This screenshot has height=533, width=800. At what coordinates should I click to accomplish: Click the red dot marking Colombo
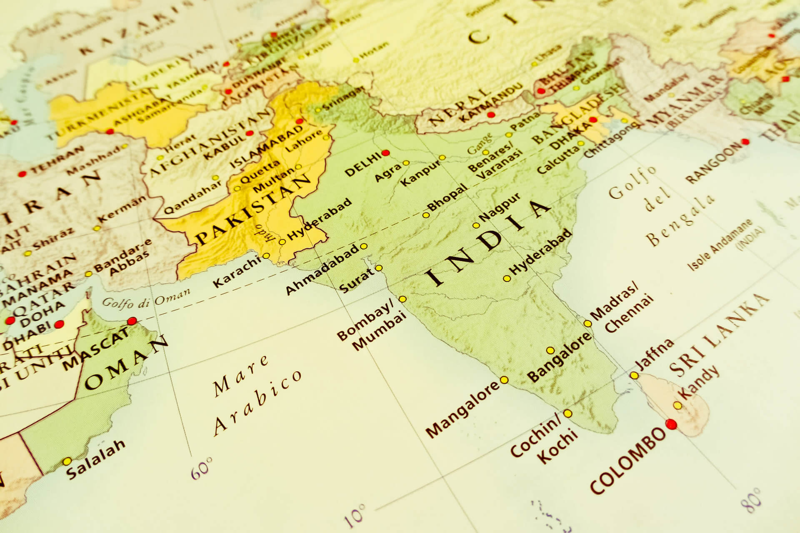(671, 424)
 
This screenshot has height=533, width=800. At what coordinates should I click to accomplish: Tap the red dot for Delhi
(385, 153)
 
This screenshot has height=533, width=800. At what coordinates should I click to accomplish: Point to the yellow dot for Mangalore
(504, 380)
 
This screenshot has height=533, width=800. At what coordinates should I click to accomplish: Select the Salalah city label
(96, 458)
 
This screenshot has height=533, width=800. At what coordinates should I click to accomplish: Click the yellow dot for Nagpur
(476, 225)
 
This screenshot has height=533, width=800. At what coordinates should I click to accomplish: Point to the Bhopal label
(447, 198)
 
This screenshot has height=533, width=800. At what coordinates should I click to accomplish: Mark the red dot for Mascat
(132, 321)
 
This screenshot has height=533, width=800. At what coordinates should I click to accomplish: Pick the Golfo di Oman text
(146, 298)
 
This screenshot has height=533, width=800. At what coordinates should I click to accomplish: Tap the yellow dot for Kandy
(677, 405)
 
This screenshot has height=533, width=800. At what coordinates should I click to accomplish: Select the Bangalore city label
(560, 357)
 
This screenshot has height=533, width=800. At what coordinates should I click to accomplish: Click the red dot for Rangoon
(745, 142)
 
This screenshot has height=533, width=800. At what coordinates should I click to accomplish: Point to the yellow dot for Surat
(379, 268)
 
